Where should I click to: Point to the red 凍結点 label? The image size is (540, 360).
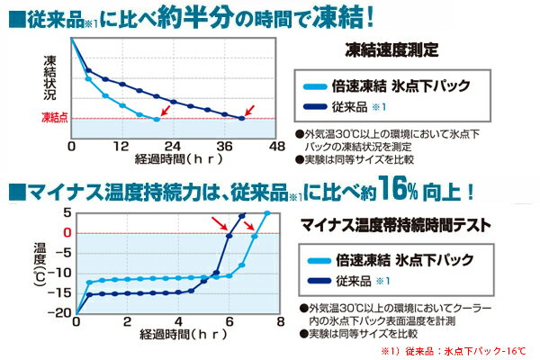click(x=54, y=118)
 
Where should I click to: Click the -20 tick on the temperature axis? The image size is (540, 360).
click(x=61, y=313)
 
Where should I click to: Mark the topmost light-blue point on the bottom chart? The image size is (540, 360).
click(x=266, y=213)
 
